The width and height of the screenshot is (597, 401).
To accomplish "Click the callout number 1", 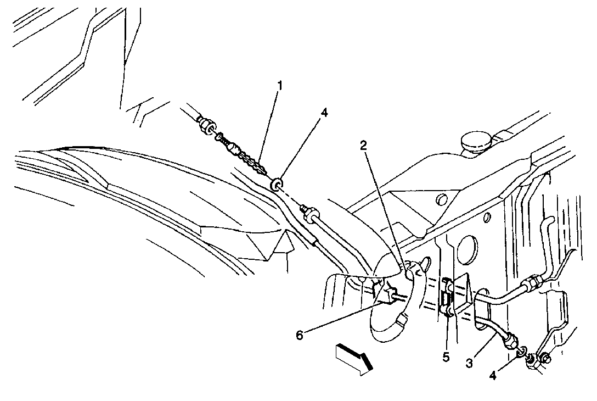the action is click(280, 86).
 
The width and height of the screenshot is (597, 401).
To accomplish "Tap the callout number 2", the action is click(364, 145).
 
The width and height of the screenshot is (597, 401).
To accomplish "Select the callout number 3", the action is click(469, 363).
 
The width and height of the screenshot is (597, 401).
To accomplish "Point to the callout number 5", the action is click(446, 357).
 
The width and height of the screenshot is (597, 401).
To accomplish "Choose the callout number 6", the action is click(300, 336).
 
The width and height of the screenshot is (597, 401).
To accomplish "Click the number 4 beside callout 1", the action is click(324, 113).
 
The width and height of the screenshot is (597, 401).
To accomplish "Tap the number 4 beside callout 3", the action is click(493, 376).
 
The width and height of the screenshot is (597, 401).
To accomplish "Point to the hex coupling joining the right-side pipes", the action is click(532, 283).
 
